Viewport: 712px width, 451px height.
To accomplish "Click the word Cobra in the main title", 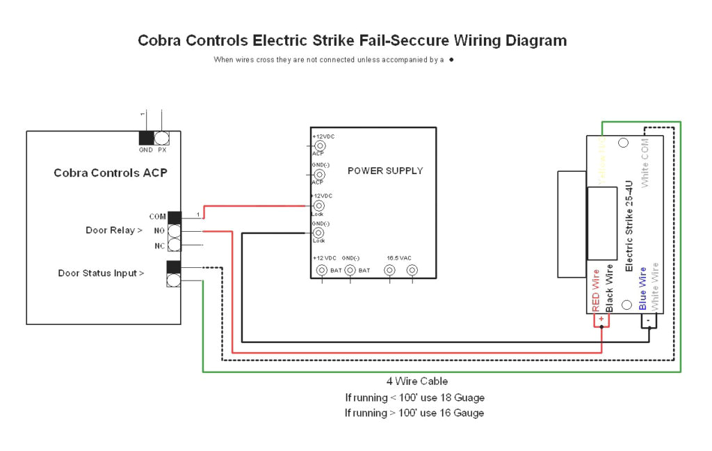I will (x=159, y=40).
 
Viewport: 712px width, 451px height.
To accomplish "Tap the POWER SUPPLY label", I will (x=385, y=171).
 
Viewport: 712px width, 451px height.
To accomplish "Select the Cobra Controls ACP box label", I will (x=111, y=173).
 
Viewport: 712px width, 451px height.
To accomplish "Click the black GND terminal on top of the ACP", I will (x=146, y=138).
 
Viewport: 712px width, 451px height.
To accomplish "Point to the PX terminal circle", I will (x=162, y=138).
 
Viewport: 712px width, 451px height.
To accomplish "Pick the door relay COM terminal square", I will (x=174, y=217).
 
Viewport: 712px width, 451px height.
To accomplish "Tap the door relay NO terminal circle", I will (x=174, y=230).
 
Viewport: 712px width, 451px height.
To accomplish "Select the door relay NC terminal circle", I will (x=174, y=245).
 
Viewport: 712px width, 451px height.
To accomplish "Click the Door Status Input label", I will (x=101, y=273).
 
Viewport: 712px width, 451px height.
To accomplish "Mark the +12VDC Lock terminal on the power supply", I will (x=320, y=206).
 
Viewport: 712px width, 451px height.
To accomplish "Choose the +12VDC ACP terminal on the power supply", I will (x=320, y=146).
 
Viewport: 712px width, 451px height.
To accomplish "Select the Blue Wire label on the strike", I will (x=643, y=288).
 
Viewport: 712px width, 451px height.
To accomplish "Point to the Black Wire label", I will (x=609, y=287).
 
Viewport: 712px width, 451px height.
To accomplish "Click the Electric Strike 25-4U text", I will (x=629, y=226).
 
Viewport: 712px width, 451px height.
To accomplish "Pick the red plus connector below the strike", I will (x=601, y=319).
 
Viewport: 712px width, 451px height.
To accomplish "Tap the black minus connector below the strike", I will (x=648, y=319).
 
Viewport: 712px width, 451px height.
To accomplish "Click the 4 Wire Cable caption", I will (x=417, y=381).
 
